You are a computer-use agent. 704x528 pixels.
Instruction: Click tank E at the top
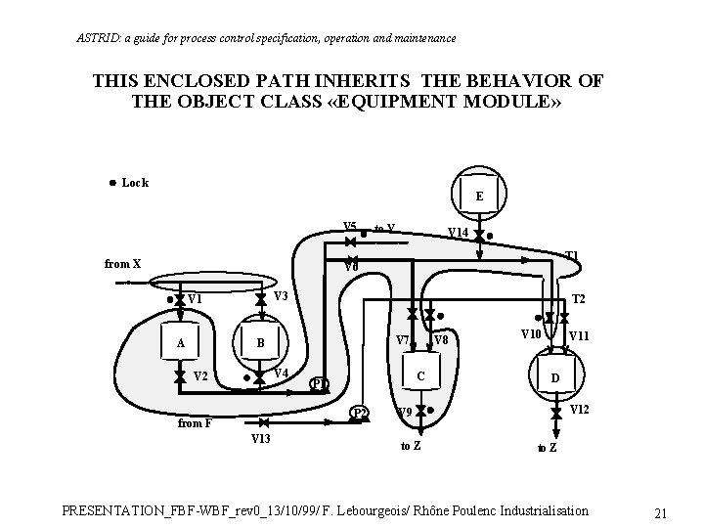478,196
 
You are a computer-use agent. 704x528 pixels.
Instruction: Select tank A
180,342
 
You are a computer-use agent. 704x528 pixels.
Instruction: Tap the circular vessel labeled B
260,343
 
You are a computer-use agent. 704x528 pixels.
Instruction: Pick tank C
419,376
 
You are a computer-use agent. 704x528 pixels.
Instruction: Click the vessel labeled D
554,377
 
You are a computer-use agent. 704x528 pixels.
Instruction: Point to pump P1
320,383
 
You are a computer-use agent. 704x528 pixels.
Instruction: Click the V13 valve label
261,440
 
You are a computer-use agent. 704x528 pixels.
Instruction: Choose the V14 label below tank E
457,233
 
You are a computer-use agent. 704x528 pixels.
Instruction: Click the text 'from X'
123,263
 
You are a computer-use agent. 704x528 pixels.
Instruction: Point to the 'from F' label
195,423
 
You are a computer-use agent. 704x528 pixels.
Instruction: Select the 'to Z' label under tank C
412,445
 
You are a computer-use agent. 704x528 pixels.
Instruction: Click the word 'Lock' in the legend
135,183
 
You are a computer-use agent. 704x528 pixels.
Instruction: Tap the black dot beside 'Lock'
112,183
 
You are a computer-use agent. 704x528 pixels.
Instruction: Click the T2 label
579,299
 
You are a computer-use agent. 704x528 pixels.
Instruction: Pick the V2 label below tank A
200,376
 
